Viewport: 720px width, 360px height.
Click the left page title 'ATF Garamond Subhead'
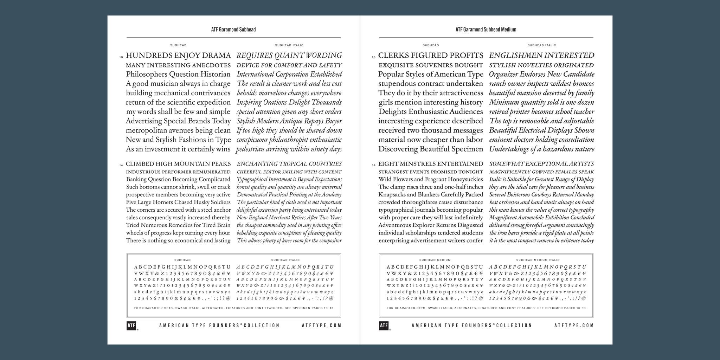coord(233,30)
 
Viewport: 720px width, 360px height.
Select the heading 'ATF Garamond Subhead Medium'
coord(486,30)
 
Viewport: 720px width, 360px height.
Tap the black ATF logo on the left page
coord(131,326)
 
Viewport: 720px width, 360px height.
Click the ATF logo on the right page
coord(384,326)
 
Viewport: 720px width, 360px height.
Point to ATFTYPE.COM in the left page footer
coord(322,326)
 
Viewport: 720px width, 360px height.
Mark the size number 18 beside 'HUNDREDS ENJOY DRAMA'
coord(121,57)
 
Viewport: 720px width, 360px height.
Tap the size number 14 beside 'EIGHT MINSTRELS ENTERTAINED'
coord(373,165)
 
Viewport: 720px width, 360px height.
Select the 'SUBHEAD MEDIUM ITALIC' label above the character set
coord(538,260)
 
